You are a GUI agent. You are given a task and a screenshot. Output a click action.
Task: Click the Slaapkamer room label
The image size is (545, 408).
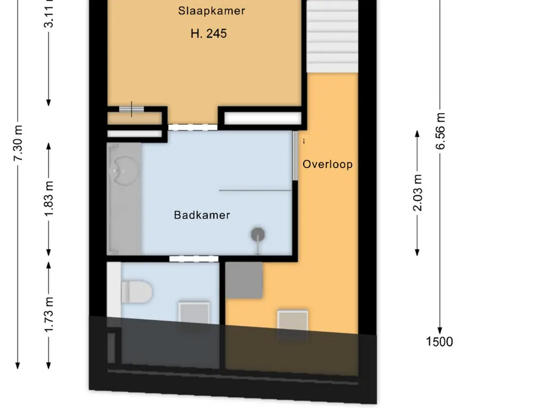click(x=211, y=11)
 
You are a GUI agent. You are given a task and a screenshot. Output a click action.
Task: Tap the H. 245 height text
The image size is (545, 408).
click(x=209, y=33)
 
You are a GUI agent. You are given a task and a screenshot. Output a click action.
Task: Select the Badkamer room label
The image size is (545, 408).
click(x=202, y=215)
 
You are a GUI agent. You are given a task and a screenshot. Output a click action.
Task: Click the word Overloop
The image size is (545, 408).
click(x=327, y=164)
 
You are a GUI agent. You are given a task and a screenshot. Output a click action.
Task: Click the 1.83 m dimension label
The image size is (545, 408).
click(x=48, y=199)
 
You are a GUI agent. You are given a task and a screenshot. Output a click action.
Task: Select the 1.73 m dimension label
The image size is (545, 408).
click(x=48, y=314)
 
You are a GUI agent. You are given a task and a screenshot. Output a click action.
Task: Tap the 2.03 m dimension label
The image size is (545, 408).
click(x=417, y=193)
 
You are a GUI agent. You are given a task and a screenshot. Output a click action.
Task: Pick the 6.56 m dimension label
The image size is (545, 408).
click(x=440, y=131)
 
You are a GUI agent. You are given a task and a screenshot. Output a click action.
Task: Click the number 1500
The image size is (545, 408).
click(x=439, y=342)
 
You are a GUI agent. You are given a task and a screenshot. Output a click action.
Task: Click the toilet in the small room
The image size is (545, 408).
click(x=137, y=291)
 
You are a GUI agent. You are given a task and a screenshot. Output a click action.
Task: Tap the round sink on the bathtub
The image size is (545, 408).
click(x=124, y=171)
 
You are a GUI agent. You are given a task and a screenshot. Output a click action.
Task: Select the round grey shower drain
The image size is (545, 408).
click(x=258, y=234)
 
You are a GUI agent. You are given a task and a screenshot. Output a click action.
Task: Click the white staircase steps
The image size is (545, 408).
click(x=332, y=36)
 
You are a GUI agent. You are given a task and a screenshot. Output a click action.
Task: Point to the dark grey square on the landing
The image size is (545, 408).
click(x=244, y=280)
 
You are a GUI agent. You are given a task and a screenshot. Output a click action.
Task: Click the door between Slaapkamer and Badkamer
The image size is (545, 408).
click(x=193, y=127)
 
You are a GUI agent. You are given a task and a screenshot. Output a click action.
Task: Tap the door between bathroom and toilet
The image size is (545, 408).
click(x=194, y=259)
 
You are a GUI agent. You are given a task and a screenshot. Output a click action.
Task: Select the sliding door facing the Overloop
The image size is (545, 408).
click(x=295, y=156)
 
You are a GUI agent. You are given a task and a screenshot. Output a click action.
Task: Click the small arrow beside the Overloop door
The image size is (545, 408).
click(x=304, y=141)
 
